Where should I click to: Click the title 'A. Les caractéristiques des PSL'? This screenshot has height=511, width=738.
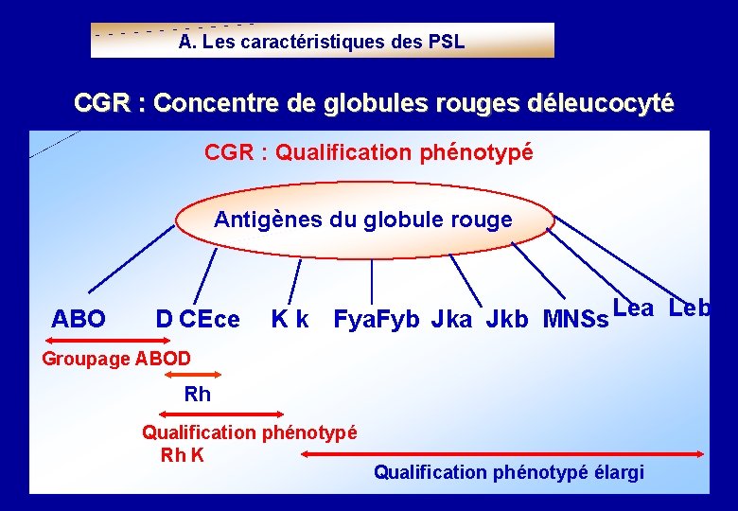point(322,42)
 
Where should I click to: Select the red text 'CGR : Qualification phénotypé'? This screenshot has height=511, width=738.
point(369,152)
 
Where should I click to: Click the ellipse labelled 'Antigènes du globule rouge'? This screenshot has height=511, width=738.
point(363,220)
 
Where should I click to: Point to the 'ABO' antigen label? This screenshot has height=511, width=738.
point(79,320)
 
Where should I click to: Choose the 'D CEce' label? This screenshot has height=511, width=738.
point(198,320)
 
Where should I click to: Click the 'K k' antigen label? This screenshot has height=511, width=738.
point(289,320)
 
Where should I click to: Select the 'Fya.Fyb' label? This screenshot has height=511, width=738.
point(377,320)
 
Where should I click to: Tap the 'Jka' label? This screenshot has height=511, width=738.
point(452,320)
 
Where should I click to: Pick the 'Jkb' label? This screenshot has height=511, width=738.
point(507,320)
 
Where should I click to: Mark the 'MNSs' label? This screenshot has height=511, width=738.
point(575,320)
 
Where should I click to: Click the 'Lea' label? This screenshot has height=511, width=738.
point(633,308)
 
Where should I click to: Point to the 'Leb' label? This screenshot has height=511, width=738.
point(689,308)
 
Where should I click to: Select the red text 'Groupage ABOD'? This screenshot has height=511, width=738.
point(116,359)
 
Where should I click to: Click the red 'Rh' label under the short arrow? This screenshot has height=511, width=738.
point(197,395)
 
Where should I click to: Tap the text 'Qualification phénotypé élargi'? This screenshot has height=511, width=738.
point(509,472)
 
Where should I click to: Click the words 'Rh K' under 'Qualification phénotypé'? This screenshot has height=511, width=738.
point(183,455)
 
